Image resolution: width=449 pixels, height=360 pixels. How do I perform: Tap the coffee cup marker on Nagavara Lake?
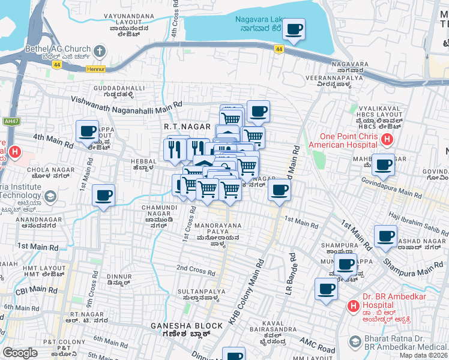tap(294, 29)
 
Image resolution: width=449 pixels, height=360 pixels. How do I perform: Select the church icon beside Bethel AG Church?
tap(99, 50)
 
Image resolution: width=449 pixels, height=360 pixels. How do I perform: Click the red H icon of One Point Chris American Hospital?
tap(387, 140)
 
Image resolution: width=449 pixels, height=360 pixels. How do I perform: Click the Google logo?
tap(20, 353)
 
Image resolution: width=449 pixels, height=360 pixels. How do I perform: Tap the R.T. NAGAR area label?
tap(187, 127)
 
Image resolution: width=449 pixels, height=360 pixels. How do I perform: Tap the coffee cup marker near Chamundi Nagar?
tap(103, 196)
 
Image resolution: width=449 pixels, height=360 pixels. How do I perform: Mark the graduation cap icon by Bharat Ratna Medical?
tap(354, 343)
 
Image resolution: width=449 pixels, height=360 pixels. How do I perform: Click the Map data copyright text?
tap(424, 355)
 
